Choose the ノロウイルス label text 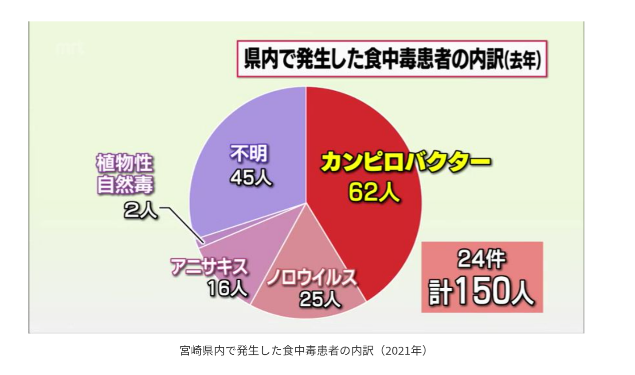pyautogui.click(x=312, y=278)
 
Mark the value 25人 pyautogui.click(x=320, y=299)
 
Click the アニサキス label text pyautogui.click(x=209, y=267)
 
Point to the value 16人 pyautogui.click(x=227, y=289)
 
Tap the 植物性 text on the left pyautogui.click(x=125, y=163)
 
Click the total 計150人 pyautogui.click(x=482, y=291)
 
